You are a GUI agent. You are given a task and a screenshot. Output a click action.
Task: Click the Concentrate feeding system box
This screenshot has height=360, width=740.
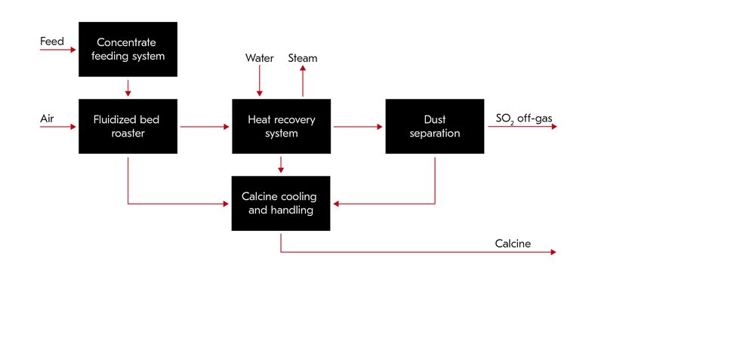pos(128,49)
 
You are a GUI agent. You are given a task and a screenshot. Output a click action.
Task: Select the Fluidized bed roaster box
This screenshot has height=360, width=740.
pos(128,126)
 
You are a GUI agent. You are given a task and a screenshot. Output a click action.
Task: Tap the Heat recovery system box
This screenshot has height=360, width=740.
pos(281,126)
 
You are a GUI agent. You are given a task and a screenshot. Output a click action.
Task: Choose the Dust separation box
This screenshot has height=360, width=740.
pos(434,126)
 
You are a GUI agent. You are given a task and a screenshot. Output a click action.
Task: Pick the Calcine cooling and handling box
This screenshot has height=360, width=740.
pos(281,203)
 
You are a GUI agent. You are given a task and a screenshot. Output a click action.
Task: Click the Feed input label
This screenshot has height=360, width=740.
pos(52,42)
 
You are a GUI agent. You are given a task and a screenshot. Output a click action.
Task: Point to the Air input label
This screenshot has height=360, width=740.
pos(48,118)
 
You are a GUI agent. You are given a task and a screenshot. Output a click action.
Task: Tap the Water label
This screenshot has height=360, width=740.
pos(259,58)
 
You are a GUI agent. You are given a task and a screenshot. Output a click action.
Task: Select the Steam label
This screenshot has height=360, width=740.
pos(303,58)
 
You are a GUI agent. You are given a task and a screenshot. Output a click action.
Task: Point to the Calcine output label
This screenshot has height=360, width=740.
pos(513,243)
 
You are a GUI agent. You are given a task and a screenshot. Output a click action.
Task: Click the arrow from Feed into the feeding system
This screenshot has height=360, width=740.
pos(59,50)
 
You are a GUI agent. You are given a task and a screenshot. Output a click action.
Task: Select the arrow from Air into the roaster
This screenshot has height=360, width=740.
pos(59,127)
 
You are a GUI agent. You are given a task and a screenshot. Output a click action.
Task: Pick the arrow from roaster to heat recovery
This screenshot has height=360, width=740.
pos(204,127)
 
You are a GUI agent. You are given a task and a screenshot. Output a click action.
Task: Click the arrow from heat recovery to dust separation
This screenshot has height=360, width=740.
pos(358,127)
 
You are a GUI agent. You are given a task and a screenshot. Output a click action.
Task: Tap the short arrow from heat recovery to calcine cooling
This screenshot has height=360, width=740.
pos(281,164)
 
